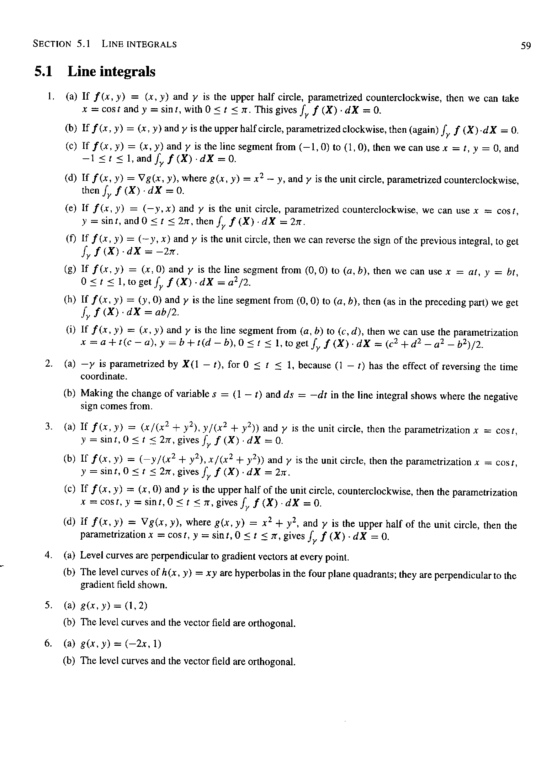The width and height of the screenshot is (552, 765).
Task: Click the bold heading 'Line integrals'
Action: (x=111, y=72)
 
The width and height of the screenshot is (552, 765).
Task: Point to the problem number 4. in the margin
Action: (x=49, y=555)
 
